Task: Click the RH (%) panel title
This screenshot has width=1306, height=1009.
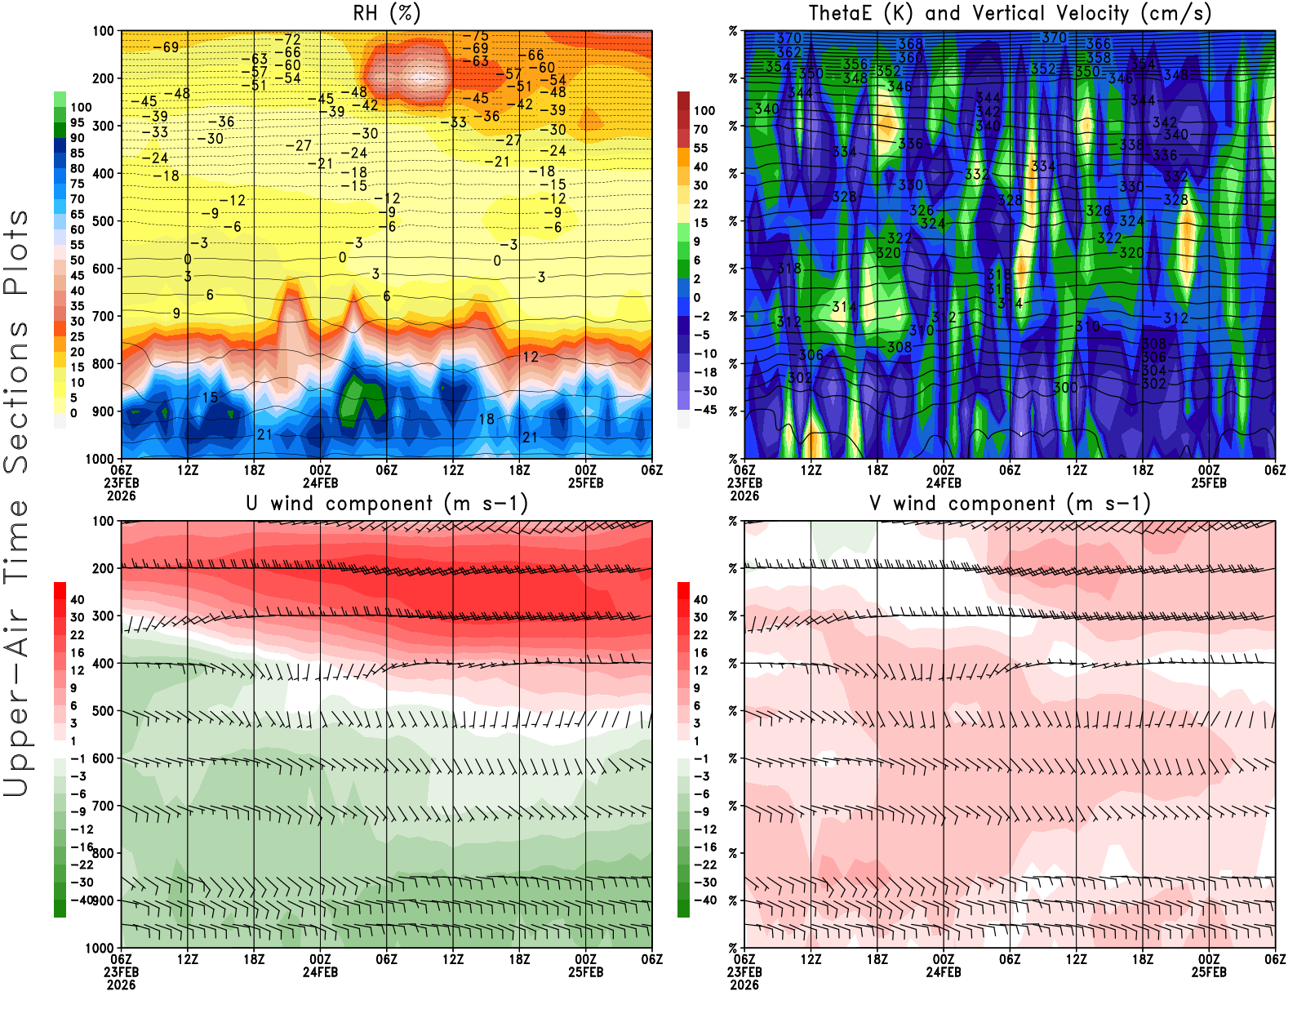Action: (x=386, y=14)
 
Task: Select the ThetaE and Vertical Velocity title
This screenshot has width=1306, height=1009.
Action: (x=1010, y=14)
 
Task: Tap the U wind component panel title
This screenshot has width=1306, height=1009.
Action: (x=386, y=504)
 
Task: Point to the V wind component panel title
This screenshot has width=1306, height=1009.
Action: (x=1010, y=504)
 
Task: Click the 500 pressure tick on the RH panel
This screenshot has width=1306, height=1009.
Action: (x=103, y=221)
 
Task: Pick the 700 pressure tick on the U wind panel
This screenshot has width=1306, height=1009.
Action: (x=103, y=806)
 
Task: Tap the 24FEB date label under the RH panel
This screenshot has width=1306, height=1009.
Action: (x=320, y=482)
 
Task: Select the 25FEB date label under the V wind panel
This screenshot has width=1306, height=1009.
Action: (x=1209, y=972)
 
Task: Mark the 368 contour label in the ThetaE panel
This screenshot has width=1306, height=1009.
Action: (x=910, y=44)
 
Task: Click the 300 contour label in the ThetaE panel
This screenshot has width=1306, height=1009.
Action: (x=1065, y=387)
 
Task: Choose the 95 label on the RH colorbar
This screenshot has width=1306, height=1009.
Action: (x=77, y=122)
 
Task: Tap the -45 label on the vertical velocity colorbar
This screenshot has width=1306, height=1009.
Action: (x=704, y=410)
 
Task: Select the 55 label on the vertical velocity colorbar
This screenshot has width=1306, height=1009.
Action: (x=700, y=148)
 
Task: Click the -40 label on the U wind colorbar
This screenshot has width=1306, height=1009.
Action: (x=81, y=900)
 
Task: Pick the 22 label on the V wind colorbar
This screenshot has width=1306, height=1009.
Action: (x=700, y=635)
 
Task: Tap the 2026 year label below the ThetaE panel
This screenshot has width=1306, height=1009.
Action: (x=744, y=496)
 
